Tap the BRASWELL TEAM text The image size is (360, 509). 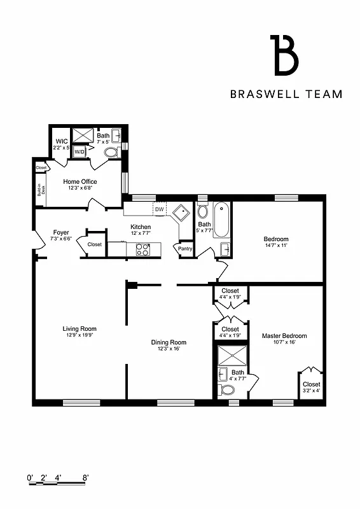(x=286, y=94)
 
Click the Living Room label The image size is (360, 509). (x=80, y=329)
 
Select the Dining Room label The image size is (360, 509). (x=168, y=342)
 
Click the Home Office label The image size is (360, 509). (x=80, y=182)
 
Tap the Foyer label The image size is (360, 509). (x=61, y=232)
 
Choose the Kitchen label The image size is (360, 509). (x=141, y=227)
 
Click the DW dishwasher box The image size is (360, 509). (x=158, y=209)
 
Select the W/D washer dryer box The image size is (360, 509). (x=80, y=152)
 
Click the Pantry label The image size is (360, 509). (x=186, y=249)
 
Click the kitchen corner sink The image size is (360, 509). (x=183, y=212)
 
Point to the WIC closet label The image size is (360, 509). (x=62, y=141)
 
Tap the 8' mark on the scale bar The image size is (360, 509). (x=85, y=477)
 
